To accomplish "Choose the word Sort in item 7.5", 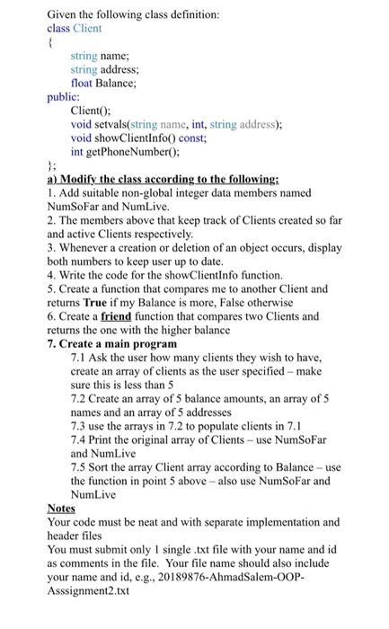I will point(106,466).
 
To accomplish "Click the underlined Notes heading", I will point(61,508).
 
